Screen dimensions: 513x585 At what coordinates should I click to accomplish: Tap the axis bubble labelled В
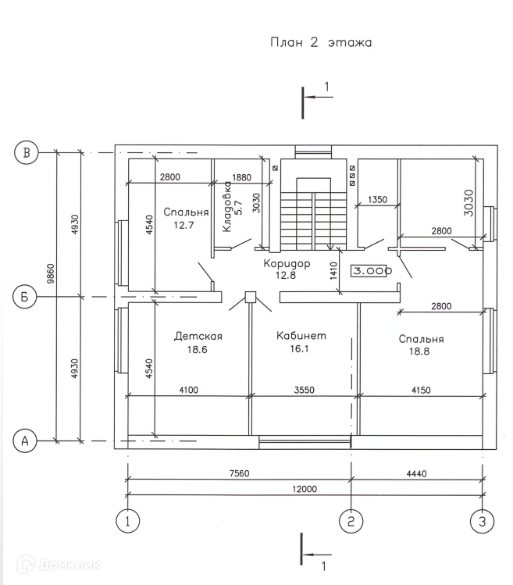(27, 152)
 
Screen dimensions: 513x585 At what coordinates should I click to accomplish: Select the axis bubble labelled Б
(27, 297)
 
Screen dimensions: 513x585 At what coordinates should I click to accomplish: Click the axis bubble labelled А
(27, 441)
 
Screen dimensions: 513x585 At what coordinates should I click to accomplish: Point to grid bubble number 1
(127, 519)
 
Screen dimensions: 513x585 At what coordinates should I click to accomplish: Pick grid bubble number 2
(351, 519)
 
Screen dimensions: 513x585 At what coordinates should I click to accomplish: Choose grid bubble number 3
(483, 519)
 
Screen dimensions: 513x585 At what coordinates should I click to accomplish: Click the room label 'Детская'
(198, 337)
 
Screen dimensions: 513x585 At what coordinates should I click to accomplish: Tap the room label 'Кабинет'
(301, 336)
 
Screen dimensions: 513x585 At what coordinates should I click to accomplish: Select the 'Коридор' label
(287, 263)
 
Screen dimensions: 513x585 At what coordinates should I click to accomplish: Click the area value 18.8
(421, 351)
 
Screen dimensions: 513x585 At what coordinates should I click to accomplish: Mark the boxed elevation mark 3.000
(372, 271)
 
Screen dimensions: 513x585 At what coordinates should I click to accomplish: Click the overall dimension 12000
(305, 489)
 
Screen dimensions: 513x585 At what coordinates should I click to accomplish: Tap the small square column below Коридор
(251, 296)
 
